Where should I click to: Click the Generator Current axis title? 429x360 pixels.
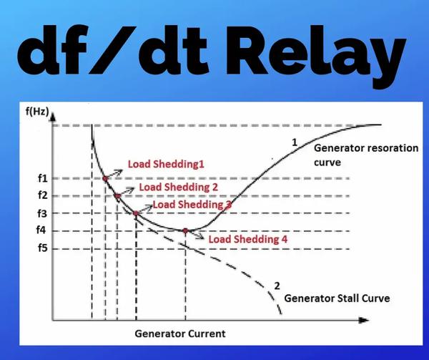click(179, 334)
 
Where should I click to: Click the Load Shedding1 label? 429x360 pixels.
click(166, 164)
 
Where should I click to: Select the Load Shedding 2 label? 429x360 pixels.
click(178, 188)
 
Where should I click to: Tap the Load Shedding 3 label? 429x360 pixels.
click(192, 205)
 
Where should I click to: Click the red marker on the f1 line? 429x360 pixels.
click(105, 178)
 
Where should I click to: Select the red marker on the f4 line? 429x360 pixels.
click(186, 230)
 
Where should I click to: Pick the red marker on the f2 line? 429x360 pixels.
click(117, 195)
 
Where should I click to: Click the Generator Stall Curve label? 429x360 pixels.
click(337, 298)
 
